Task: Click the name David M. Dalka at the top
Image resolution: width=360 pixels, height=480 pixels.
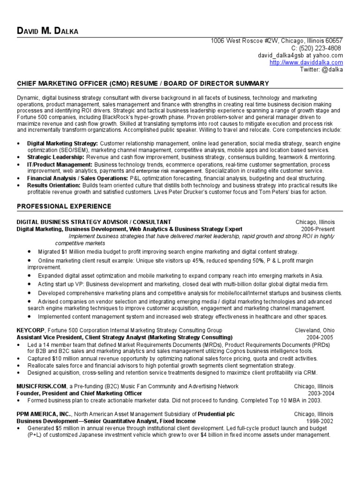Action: click(47, 31)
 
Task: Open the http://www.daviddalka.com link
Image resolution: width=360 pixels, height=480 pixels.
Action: click(307, 62)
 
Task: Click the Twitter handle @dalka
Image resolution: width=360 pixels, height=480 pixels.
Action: click(321, 69)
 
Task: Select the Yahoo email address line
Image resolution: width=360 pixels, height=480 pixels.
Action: click(300, 55)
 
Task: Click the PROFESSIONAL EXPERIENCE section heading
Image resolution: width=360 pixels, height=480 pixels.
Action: click(64, 206)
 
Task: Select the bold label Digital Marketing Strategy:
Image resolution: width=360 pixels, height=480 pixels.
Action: click(62, 143)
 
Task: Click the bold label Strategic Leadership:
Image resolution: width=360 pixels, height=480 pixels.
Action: click(56, 157)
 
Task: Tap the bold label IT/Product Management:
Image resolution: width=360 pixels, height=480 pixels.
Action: click(60, 165)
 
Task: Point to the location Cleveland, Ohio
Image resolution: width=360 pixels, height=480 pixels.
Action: click(315, 330)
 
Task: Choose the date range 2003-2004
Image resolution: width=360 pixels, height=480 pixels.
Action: click(321, 394)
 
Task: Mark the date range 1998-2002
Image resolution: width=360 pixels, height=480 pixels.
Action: click(321, 421)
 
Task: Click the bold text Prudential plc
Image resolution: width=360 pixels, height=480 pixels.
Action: click(216, 414)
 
